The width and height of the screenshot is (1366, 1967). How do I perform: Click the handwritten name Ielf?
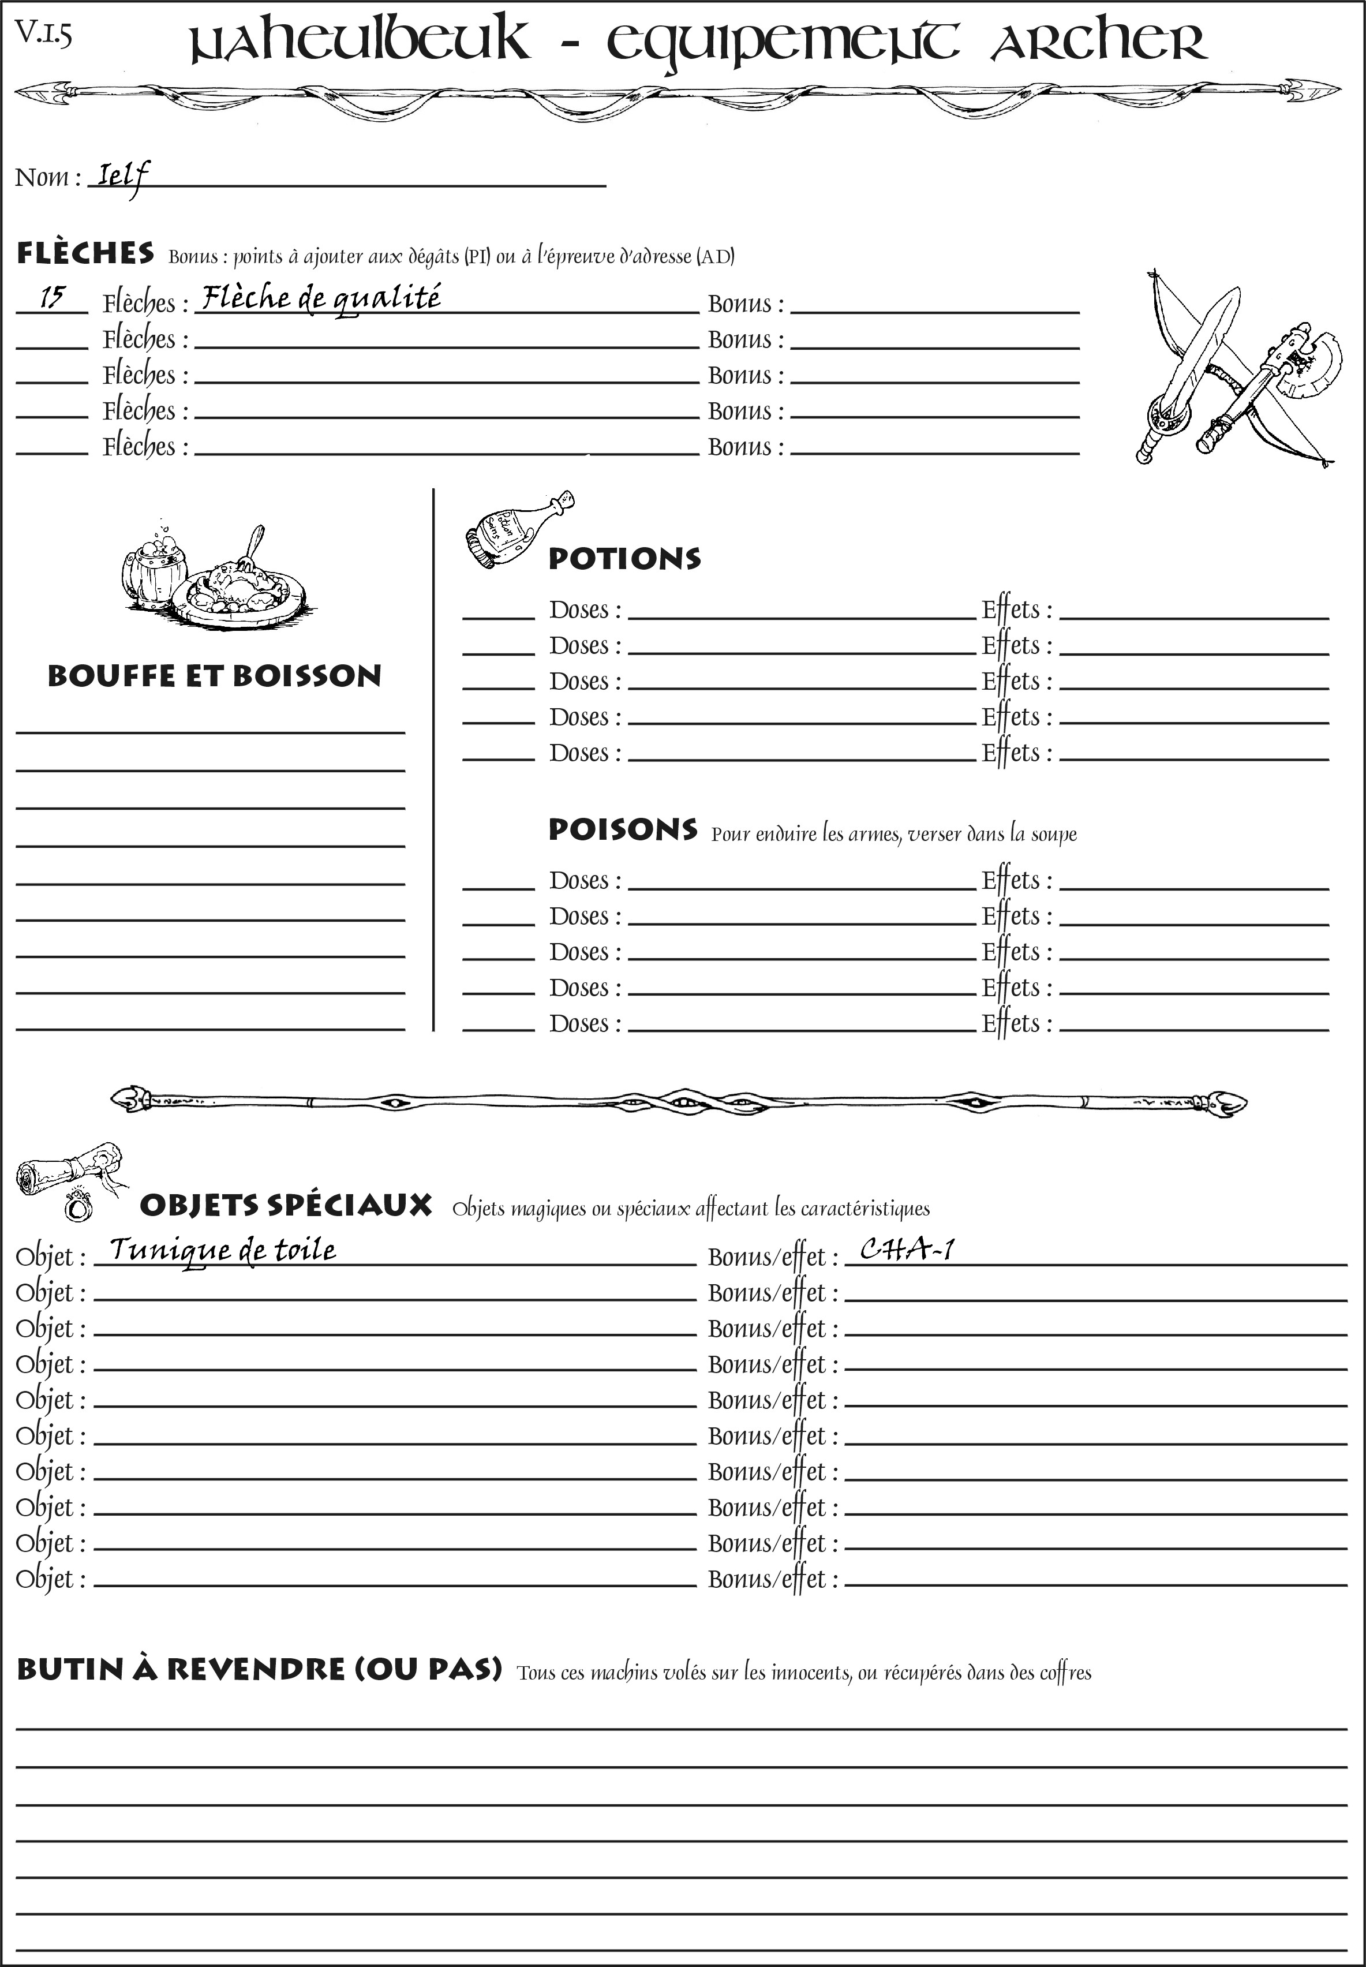[122, 177]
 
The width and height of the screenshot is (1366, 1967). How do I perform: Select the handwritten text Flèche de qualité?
[321, 298]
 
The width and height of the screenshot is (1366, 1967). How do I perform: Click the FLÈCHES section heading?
[85, 253]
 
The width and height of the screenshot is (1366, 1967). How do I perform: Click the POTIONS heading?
[624, 559]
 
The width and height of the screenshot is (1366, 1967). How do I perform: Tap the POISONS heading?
[622, 829]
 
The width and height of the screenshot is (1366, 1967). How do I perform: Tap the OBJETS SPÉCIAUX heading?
[285, 1205]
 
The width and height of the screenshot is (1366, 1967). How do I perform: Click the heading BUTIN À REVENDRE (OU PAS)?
[259, 1669]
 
